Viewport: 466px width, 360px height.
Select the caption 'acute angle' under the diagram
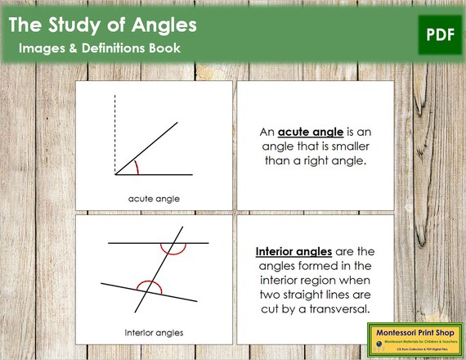(x=154, y=198)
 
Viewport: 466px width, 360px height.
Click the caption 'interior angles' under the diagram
(x=154, y=332)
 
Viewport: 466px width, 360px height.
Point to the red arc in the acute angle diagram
(x=137, y=168)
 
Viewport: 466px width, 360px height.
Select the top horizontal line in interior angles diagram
(x=131, y=244)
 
